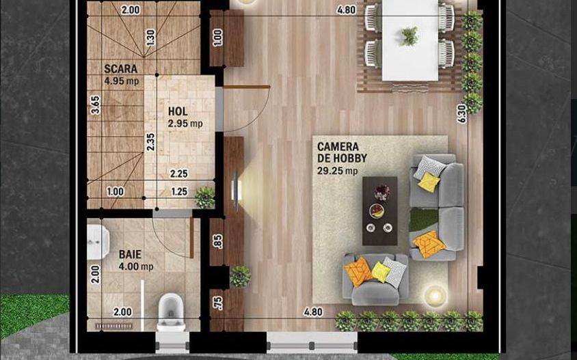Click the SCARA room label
(120, 69)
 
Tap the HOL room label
(178, 111)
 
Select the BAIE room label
(130, 253)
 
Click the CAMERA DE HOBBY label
(342, 152)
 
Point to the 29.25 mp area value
(337, 171)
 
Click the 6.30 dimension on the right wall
(462, 113)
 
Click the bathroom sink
(97, 242)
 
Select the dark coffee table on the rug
(379, 210)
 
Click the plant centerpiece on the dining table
(410, 36)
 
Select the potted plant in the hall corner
(204, 197)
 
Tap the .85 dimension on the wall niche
(217, 241)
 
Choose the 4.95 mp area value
(120, 81)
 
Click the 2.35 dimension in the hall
(150, 141)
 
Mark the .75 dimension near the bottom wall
(217, 302)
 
